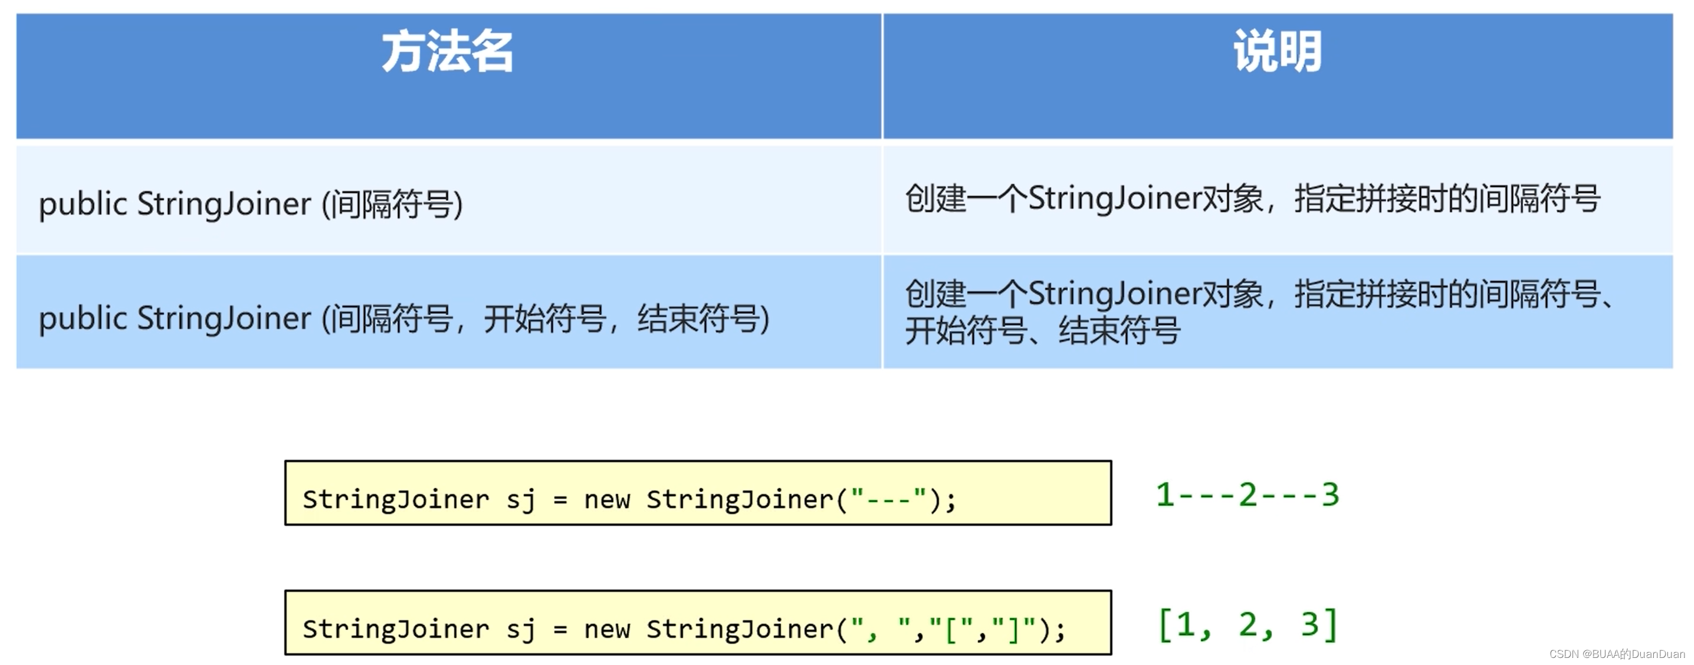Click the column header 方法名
[x=447, y=52]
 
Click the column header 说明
[x=1277, y=52]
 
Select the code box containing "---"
[x=698, y=493]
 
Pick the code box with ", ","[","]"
[x=698, y=623]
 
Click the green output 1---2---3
[x=1247, y=495]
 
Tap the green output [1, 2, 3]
[x=1247, y=624]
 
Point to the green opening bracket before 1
[x=1164, y=625]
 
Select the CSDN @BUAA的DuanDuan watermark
[x=1616, y=654]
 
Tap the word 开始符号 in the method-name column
[x=544, y=319]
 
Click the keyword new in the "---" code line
[x=606, y=500]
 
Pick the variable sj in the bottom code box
[x=520, y=630]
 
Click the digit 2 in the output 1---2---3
[x=1247, y=495]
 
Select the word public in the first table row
[x=83, y=204]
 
